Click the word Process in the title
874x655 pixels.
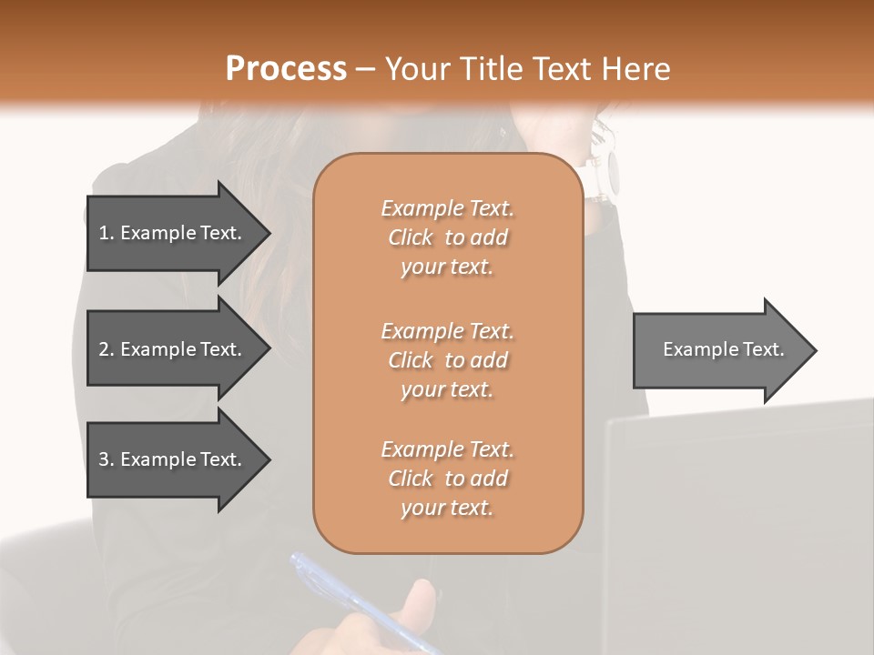tap(286, 69)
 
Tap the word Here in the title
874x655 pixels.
tap(635, 69)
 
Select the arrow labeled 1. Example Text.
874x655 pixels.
tap(173, 233)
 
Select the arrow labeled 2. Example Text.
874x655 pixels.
tap(173, 349)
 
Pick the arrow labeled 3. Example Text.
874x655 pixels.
tap(173, 459)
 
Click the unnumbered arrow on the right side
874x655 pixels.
tap(719, 350)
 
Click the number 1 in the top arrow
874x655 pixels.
tap(103, 233)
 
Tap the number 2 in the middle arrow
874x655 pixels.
tap(104, 349)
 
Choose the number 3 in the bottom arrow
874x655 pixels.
tap(104, 459)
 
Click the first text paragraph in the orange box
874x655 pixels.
tap(447, 237)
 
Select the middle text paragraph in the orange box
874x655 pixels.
tap(447, 360)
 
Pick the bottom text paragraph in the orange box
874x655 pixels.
tap(447, 479)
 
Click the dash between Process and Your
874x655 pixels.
tap(365, 70)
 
